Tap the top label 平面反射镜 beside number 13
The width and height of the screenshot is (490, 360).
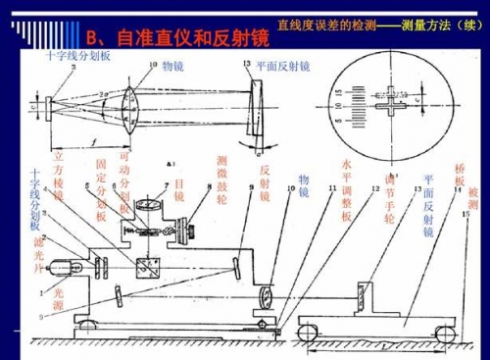pyautogui.click(x=282, y=66)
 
